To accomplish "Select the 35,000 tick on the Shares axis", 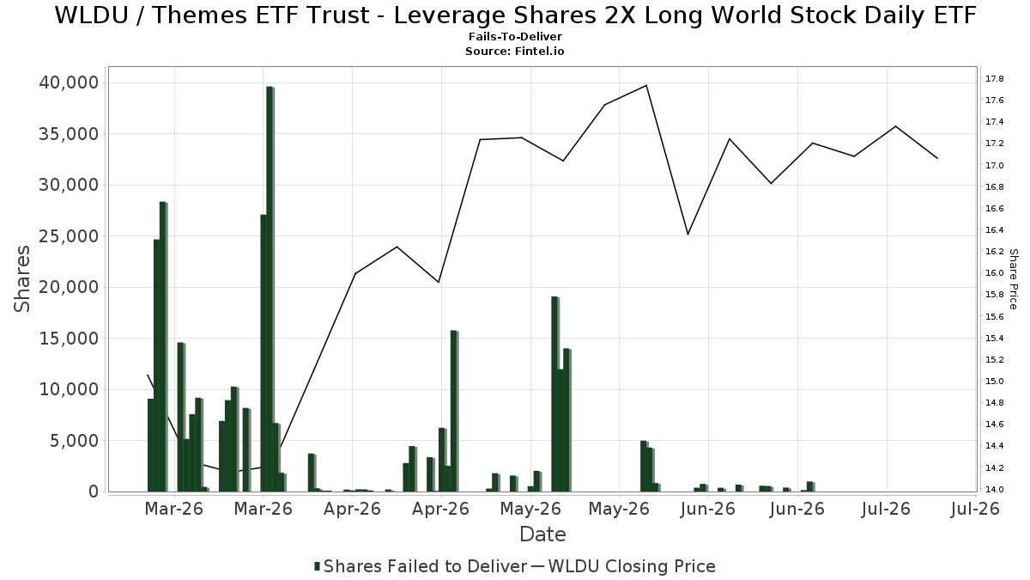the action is (69, 134).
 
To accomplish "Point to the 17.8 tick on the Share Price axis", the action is (994, 79).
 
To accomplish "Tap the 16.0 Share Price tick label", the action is (994, 273).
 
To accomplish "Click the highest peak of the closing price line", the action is (646, 85).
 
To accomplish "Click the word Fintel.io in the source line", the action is (539, 51).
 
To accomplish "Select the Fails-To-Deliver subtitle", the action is (515, 36).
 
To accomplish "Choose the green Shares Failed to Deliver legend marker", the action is (317, 566).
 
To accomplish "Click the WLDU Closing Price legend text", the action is (632, 566).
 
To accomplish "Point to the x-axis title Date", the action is (542, 534).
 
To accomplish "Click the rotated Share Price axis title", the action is (1014, 279).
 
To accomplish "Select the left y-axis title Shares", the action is (21, 279).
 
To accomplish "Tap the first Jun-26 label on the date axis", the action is (708, 509).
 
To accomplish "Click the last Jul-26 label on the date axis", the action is (975, 509).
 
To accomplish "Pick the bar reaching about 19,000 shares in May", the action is (554, 394).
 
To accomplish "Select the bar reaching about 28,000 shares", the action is (163, 346).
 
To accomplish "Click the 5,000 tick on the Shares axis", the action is (75, 441).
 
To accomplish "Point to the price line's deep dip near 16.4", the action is (688, 235).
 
